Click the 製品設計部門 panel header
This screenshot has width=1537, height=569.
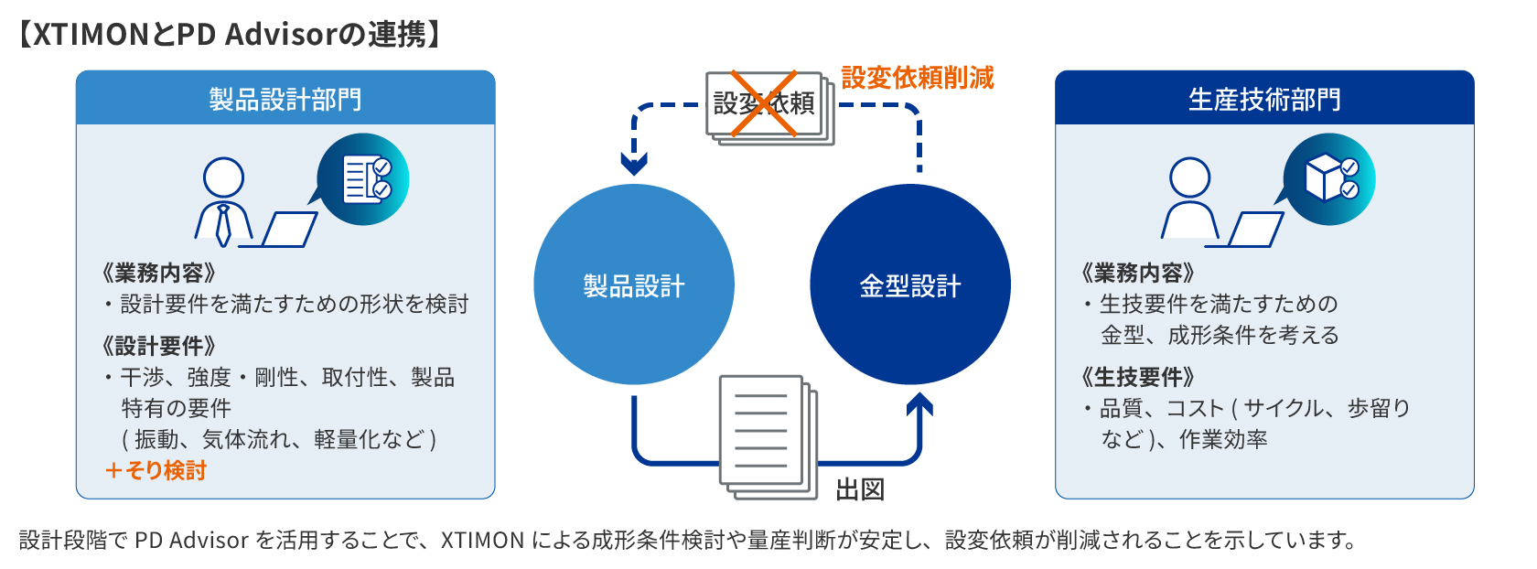[285, 98]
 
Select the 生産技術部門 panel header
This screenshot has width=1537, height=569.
[1264, 98]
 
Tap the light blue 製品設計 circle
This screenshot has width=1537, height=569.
[634, 284]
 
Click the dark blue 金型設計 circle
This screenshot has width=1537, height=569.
[909, 284]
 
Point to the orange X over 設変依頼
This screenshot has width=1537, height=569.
[763, 103]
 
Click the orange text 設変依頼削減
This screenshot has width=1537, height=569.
[918, 78]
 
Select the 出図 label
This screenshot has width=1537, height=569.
[860, 489]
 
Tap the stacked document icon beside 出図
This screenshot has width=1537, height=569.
[768, 437]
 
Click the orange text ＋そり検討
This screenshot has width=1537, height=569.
[156, 470]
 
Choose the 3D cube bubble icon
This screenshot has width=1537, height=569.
[1329, 179]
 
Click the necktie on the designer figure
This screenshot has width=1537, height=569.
[223, 224]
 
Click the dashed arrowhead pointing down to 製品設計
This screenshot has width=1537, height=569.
[634, 165]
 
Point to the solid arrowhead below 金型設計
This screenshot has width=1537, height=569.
[919, 405]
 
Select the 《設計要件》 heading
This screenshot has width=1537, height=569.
[159, 345]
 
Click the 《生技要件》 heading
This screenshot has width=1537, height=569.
[1138, 377]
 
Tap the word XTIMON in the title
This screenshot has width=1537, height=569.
[91, 35]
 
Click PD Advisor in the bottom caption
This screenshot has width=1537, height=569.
[191, 540]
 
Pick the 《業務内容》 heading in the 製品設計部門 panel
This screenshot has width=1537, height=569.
[159, 273]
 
